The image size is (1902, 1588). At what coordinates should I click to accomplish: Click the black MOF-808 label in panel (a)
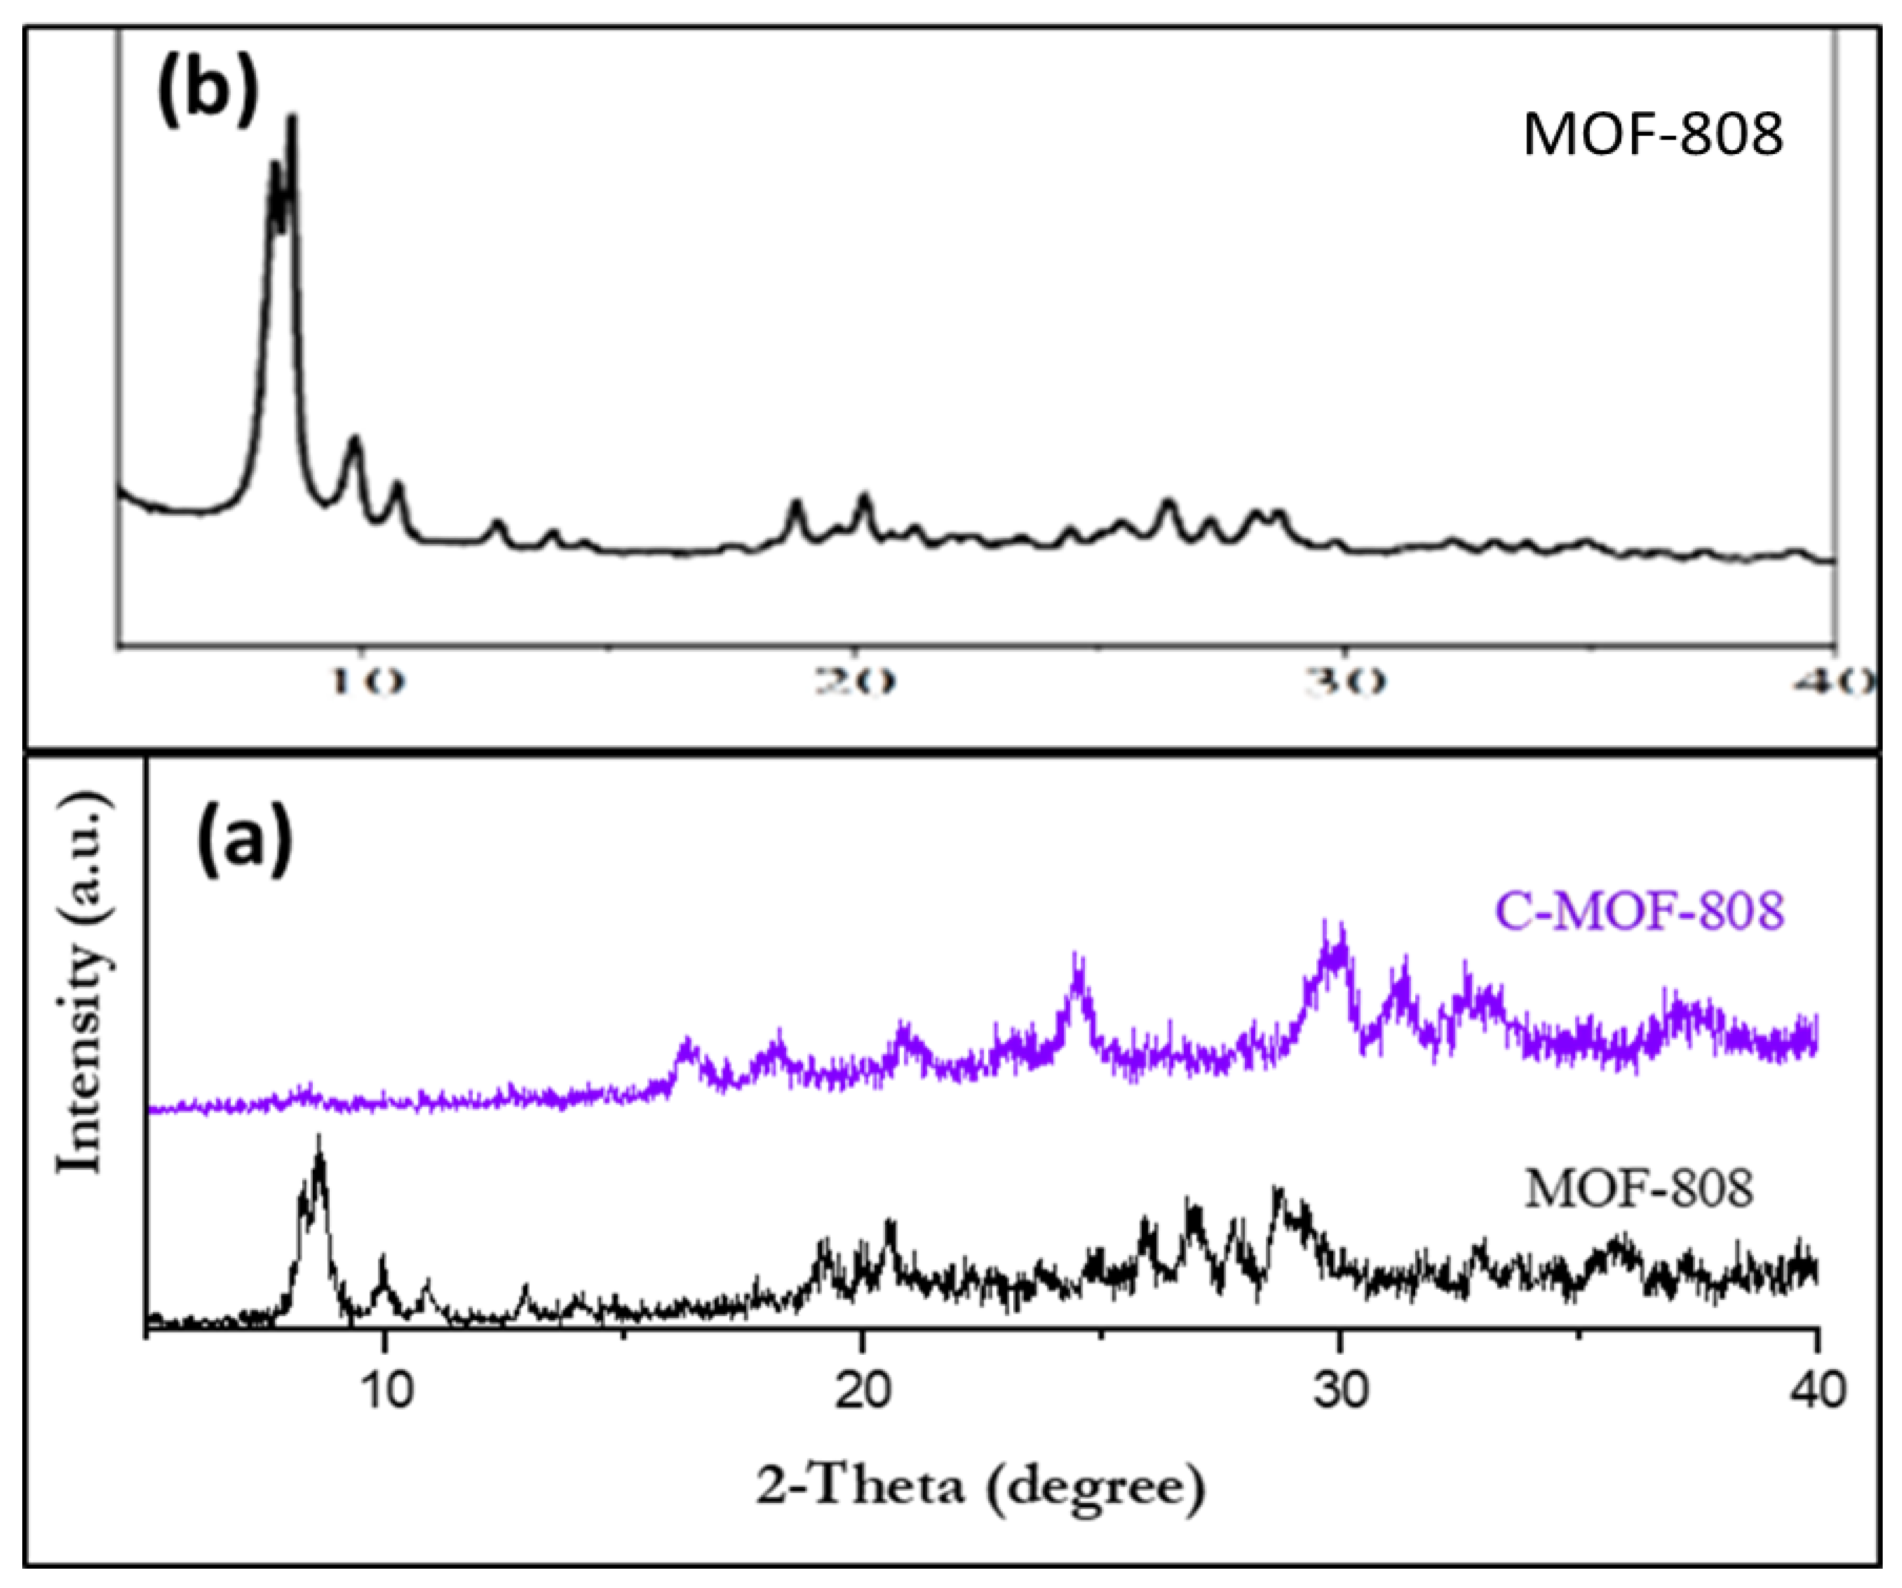pyautogui.click(x=1640, y=1188)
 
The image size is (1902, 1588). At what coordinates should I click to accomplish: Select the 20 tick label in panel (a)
pyautogui.click(x=861, y=1391)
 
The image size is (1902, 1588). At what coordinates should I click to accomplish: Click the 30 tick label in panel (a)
pyautogui.click(x=1340, y=1391)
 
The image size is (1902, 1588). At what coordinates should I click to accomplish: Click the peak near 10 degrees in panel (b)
pyautogui.click(x=355, y=439)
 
